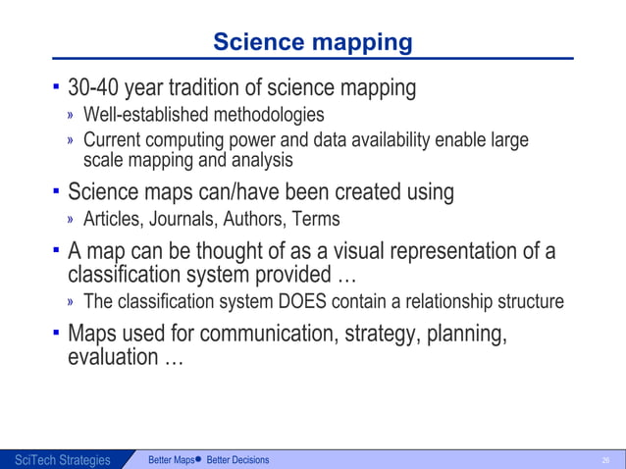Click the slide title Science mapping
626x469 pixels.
(x=312, y=42)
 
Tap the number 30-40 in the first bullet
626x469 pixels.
(x=96, y=88)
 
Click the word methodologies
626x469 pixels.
(x=267, y=117)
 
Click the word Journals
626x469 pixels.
(x=180, y=219)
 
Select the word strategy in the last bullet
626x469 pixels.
(x=380, y=335)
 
